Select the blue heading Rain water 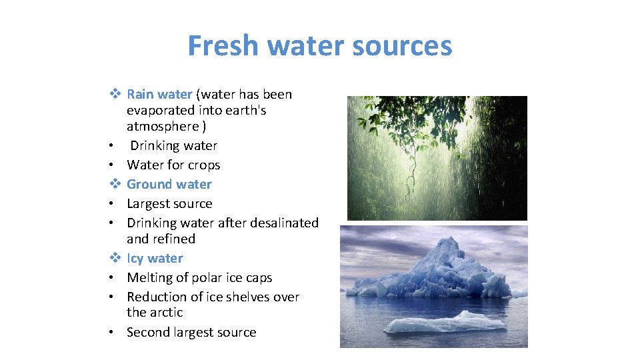159,95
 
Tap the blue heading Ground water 169,184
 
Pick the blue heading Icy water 155,258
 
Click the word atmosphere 163,126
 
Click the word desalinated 284,223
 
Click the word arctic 165,312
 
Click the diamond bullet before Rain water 115,95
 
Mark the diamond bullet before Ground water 115,184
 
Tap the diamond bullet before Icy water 115,258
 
